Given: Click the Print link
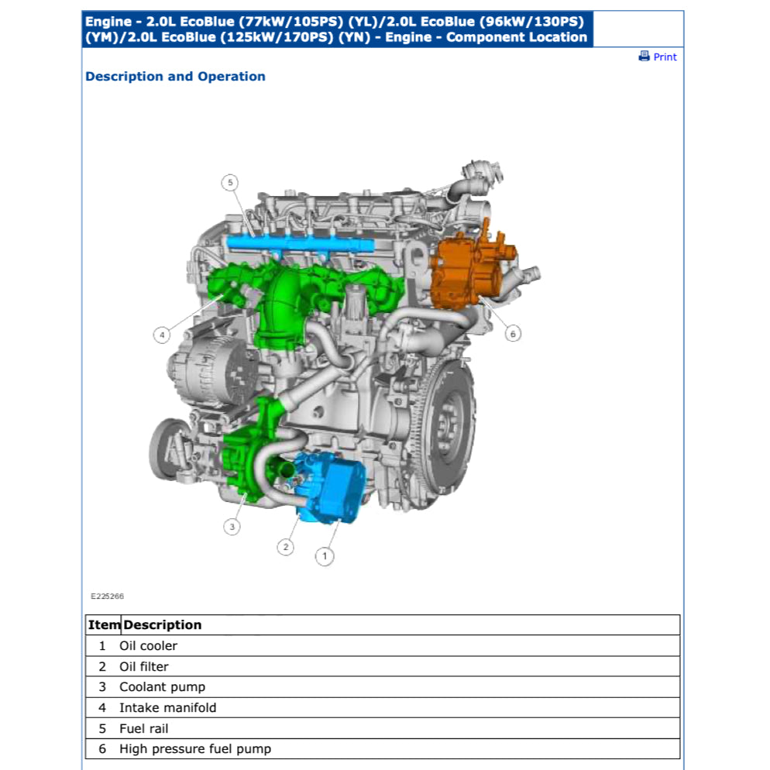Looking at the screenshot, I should point(665,57).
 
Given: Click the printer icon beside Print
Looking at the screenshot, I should point(644,56).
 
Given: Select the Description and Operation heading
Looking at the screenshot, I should point(175,77).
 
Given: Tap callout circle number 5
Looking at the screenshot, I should point(229,183).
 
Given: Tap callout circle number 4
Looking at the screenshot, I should point(161,335).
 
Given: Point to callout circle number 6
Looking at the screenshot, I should point(512,334).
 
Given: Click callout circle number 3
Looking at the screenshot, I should point(232,528).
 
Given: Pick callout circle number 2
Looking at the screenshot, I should point(286,547).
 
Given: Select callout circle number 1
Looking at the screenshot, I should point(324,555).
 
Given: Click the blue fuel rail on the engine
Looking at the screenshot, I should point(302,244).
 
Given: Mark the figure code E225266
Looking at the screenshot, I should point(107,596).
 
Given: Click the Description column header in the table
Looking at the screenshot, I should point(163,625).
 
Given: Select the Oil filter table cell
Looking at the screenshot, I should point(144,666).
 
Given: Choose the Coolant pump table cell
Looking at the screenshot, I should point(162,687).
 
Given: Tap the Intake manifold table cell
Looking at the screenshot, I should point(167,708).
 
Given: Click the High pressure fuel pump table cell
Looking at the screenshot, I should point(195,749).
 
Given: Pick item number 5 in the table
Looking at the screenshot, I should point(102,729).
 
